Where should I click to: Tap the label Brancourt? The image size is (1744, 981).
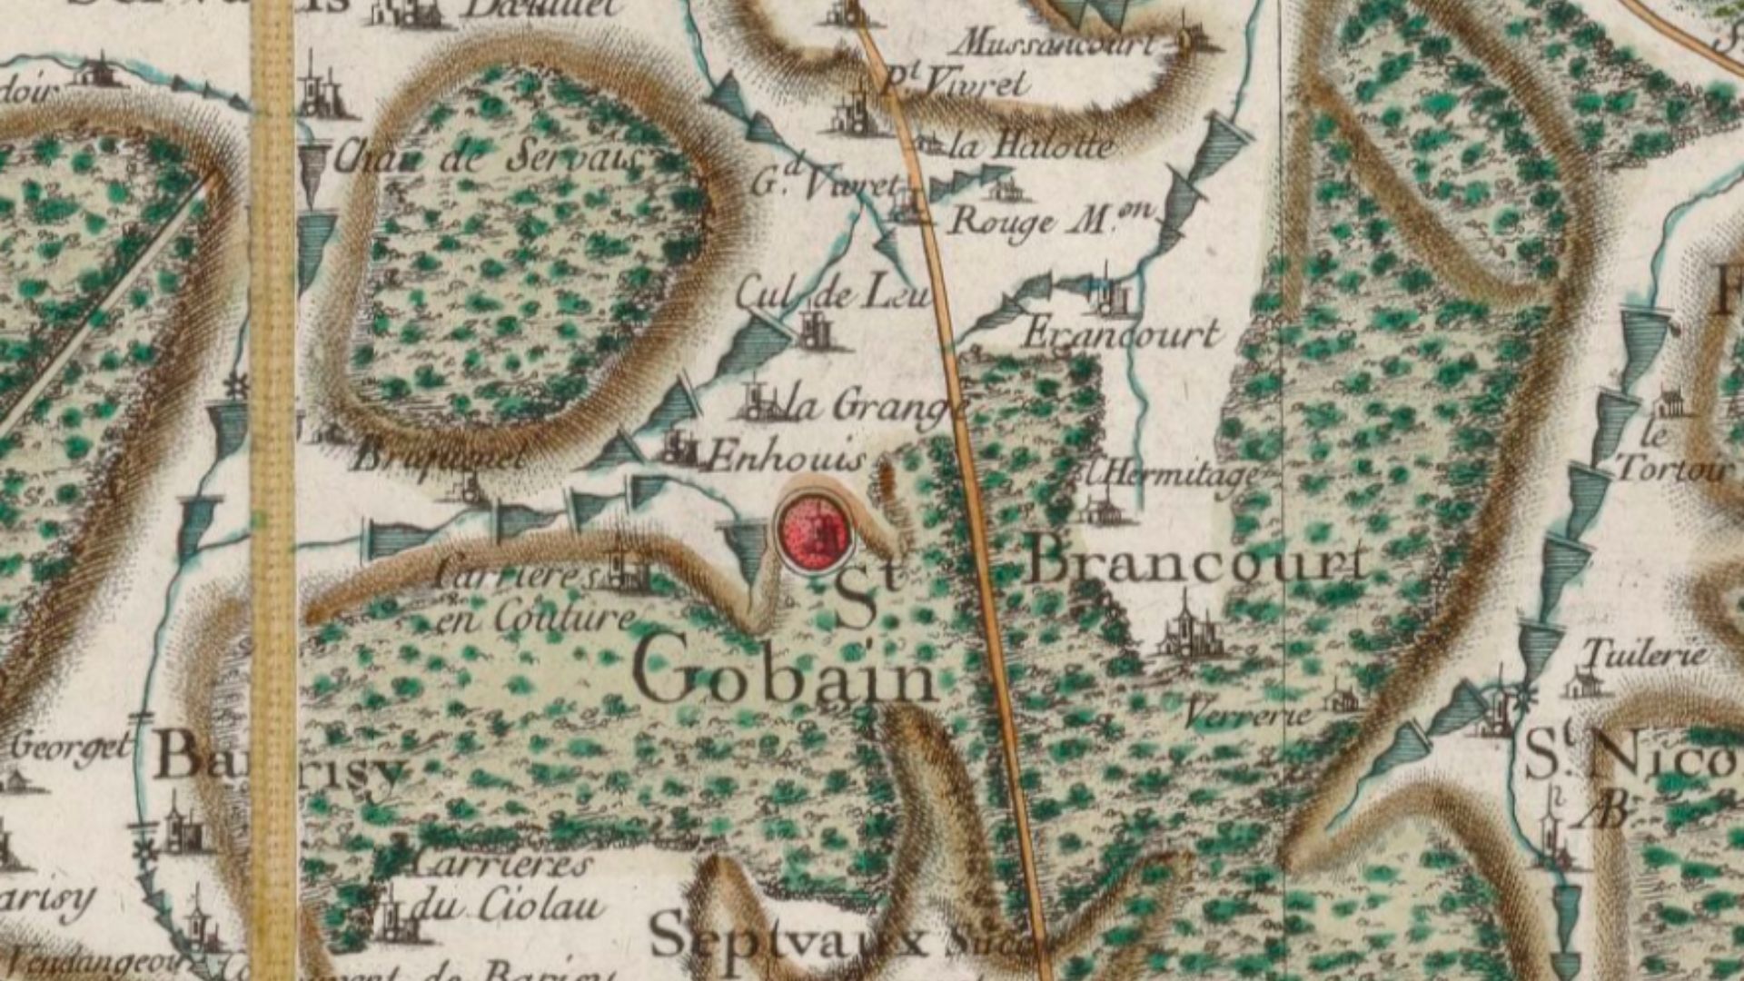point(1197,561)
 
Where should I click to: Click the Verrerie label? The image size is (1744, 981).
point(1248,714)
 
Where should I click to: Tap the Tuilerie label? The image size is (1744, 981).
point(1645,653)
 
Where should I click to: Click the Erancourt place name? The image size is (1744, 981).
point(1121,334)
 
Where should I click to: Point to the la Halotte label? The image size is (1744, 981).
point(1031,145)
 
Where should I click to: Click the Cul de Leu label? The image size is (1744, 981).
point(832,294)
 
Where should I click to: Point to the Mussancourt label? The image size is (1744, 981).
point(1059,42)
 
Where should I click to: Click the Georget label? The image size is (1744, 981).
point(72,748)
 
